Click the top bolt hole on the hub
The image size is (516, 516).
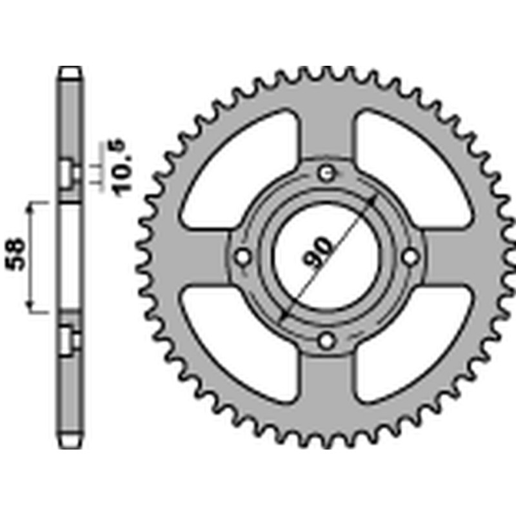tap(327, 172)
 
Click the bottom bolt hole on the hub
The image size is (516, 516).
tap(327, 340)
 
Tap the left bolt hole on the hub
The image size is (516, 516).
tap(243, 257)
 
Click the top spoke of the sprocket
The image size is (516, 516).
tap(327, 129)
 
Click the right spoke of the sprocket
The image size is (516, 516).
tap(451, 257)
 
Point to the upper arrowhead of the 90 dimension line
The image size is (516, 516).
tap(372, 197)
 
